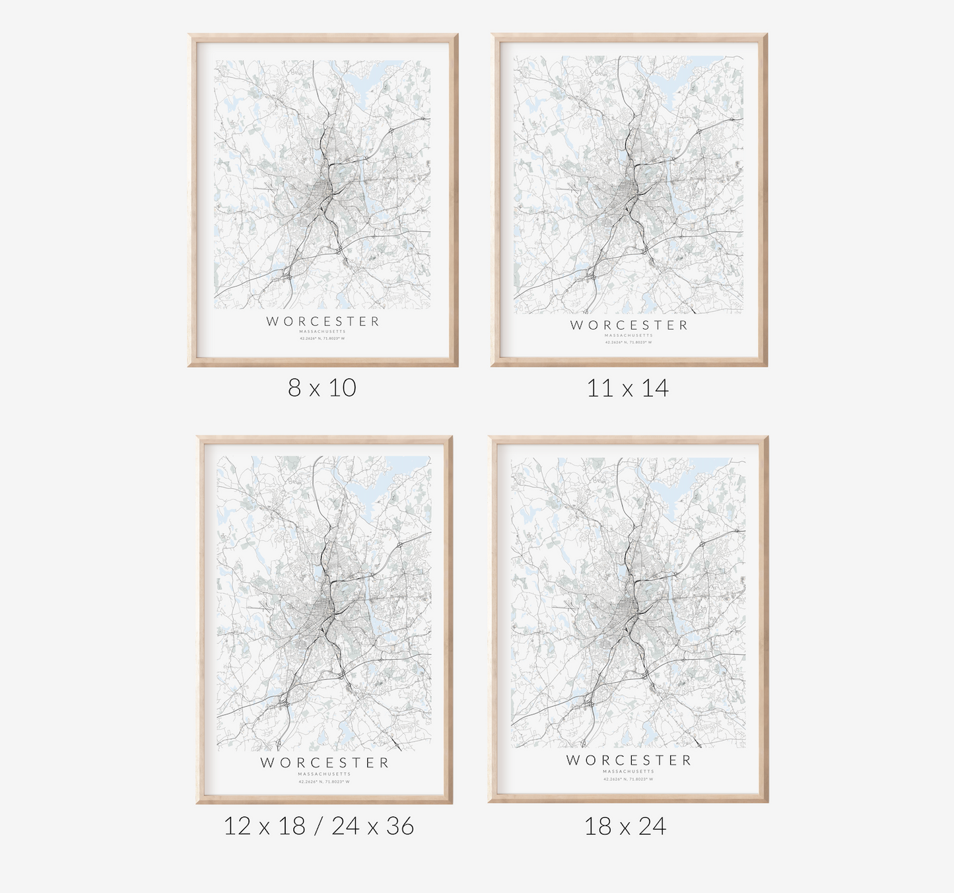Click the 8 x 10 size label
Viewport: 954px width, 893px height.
(322, 388)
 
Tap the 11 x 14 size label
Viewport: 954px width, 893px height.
(628, 388)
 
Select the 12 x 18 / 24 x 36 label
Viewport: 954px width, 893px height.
(319, 826)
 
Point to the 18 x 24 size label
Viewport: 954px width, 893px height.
(625, 826)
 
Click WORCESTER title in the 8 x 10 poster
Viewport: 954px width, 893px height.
(324, 322)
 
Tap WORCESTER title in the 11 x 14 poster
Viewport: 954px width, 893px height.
(629, 325)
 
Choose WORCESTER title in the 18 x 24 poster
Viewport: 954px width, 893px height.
(629, 760)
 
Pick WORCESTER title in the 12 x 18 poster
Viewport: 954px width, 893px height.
(324, 763)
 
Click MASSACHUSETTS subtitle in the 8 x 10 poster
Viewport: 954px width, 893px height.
(323, 332)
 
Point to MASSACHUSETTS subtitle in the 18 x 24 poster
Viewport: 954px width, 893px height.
(629, 771)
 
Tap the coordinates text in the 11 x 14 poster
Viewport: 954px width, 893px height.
(629, 342)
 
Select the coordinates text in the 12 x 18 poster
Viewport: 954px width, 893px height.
(324, 781)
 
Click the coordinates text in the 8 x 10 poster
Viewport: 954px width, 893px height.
(323, 339)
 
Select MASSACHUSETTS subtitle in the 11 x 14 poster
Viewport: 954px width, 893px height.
(629, 336)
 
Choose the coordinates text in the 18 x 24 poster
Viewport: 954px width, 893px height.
(629, 779)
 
